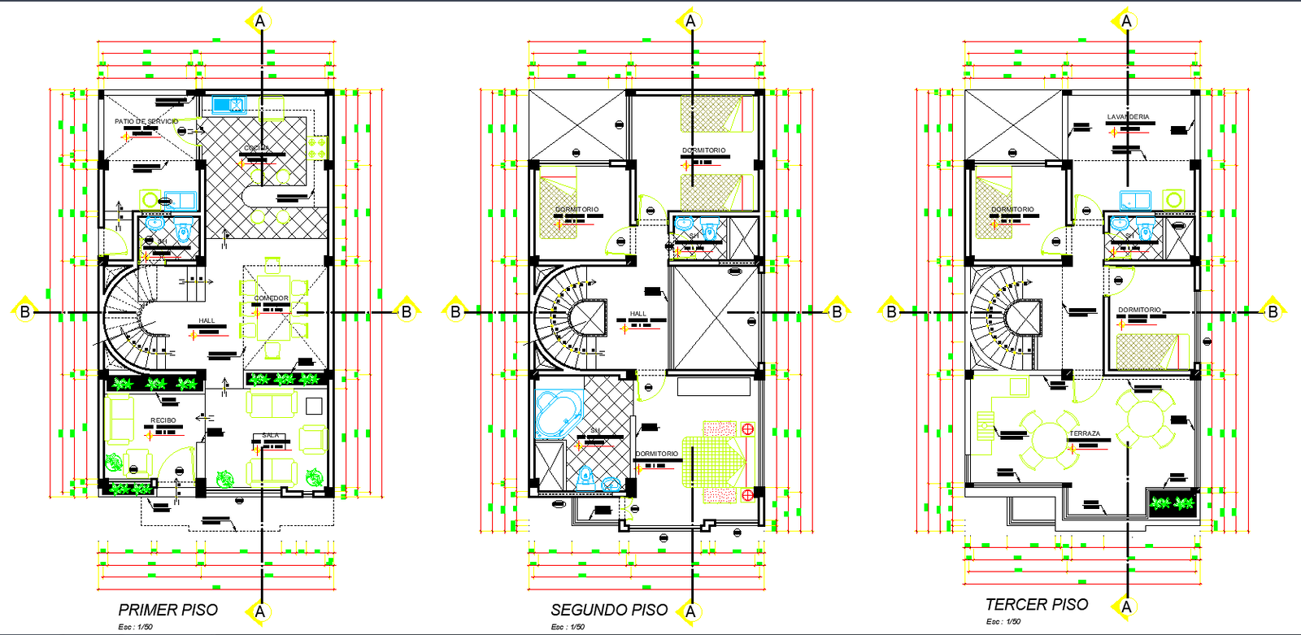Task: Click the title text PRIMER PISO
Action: [168, 610]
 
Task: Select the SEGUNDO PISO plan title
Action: [609, 610]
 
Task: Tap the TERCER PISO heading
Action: [1037, 605]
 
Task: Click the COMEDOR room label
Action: [271, 298]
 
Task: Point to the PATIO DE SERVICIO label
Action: [146, 121]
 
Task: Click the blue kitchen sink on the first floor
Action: [228, 105]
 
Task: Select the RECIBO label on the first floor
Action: [163, 420]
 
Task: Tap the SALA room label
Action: [271, 436]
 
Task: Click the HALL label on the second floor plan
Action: [638, 314]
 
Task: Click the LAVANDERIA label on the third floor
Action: [1128, 117]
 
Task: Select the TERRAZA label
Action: [1085, 433]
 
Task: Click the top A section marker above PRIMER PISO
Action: [260, 21]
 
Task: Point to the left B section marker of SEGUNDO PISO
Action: [455, 311]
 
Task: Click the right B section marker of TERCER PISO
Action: [1273, 311]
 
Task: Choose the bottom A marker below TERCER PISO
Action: [1126, 607]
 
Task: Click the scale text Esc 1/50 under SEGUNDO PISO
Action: [568, 627]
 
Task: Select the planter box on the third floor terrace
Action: [1172, 503]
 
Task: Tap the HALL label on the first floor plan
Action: [207, 320]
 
